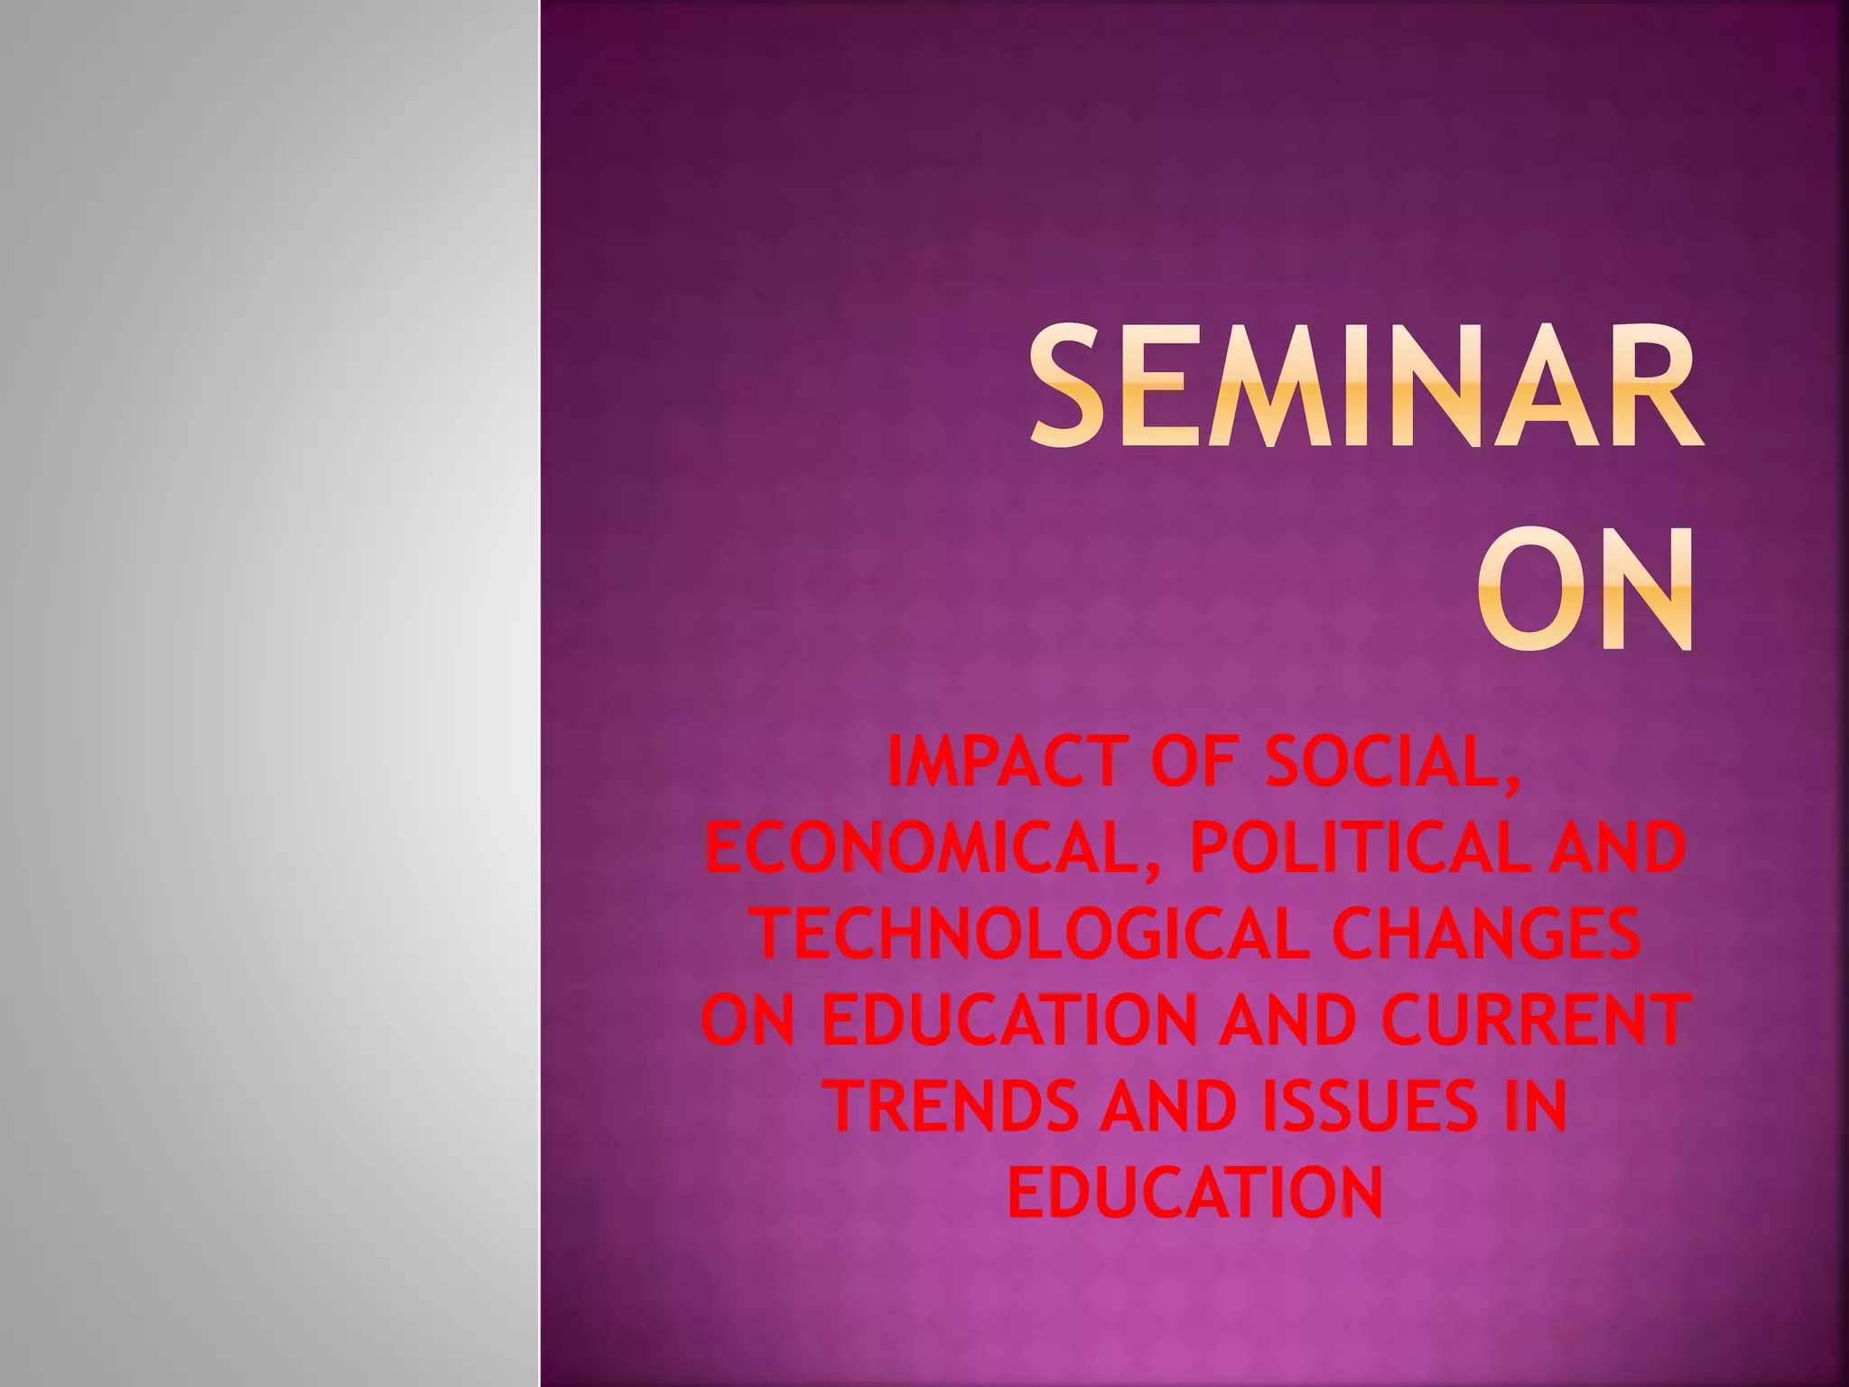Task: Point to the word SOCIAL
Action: tap(1390, 764)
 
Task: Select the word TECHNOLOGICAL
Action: tap(1031, 934)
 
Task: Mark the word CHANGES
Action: tap(1486, 934)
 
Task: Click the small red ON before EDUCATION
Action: tap(748, 1020)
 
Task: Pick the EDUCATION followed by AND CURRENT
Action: tap(1010, 1020)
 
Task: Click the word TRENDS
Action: tap(953, 1106)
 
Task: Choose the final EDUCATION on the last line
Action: tap(1195, 1192)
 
